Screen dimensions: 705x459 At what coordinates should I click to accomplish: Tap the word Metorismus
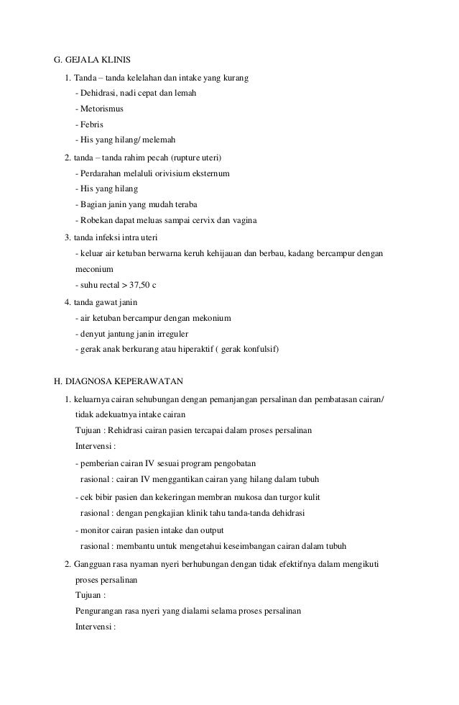click(101, 109)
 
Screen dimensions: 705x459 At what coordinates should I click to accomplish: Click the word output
click(214, 529)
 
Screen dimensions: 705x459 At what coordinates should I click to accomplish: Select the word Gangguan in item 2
click(93, 563)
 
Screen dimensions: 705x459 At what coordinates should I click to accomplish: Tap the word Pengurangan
click(102, 611)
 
